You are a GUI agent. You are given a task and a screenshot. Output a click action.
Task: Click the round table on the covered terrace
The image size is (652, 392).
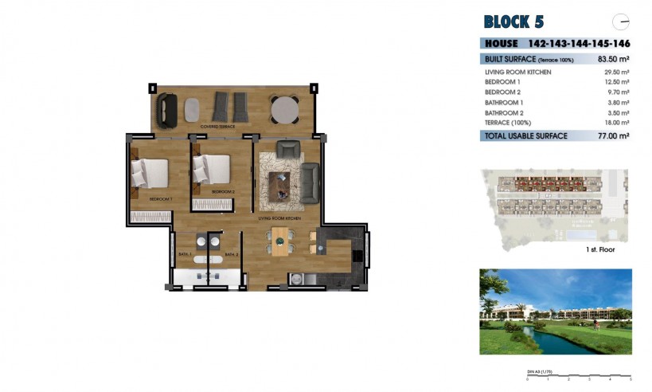(x=284, y=109)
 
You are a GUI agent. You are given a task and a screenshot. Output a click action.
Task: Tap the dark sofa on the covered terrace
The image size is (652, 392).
(x=167, y=109)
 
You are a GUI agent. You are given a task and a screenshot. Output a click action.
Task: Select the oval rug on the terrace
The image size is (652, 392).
(x=193, y=109)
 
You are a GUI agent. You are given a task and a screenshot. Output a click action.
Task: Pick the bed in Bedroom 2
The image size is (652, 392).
(x=212, y=169)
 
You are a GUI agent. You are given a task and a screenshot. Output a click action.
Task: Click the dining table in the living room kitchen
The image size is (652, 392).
(x=281, y=240)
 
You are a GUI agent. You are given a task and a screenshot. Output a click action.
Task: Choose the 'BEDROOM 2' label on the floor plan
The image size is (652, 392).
(x=223, y=192)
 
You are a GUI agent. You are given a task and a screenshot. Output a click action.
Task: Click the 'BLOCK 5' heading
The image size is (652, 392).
(x=513, y=22)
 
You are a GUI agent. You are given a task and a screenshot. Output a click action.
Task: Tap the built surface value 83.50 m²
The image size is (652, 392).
(x=613, y=59)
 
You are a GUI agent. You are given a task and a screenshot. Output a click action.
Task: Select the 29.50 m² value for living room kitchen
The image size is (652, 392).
(x=616, y=73)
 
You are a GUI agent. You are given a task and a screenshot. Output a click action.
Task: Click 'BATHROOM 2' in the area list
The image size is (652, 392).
(x=504, y=112)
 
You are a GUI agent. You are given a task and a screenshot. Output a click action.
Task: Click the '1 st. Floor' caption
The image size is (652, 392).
(x=599, y=249)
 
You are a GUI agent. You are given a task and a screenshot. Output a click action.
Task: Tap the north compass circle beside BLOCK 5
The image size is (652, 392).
(x=620, y=22)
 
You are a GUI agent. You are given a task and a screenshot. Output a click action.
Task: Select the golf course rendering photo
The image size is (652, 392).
(x=556, y=312)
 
